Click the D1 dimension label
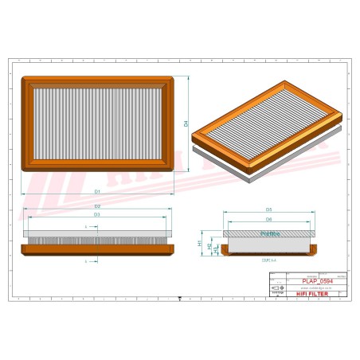click(x=97, y=192)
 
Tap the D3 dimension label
click(x=97, y=214)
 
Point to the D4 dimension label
click(x=186, y=123)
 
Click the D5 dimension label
click(x=269, y=209)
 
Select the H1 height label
click(x=200, y=242)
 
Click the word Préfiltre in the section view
click(x=269, y=234)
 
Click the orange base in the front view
click(x=97, y=248)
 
